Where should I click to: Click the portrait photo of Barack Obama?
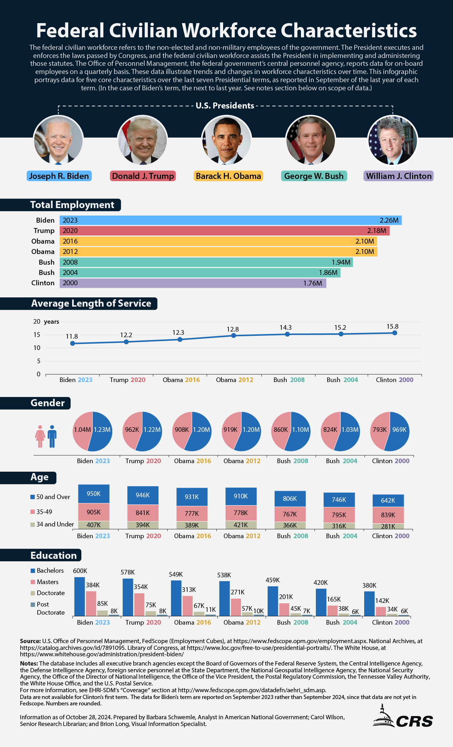coord(226,141)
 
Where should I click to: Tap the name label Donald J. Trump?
coord(143,176)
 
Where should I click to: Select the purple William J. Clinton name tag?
coord(398,176)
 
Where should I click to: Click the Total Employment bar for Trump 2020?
coord(224,231)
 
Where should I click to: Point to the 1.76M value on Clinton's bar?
coord(313,283)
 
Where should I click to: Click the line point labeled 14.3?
coord(287,334)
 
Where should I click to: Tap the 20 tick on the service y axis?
coord(37,322)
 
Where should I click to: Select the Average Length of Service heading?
coord(91,303)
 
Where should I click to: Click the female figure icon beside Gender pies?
coord(40,436)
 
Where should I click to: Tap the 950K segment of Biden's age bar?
coord(94,494)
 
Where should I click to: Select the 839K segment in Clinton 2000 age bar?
coord(388,515)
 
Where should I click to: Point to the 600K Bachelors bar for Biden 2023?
coord(80,596)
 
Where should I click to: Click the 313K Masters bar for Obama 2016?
coord(188,605)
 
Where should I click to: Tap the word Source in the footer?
coord(30,641)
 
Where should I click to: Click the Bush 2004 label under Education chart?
coord(341,622)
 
